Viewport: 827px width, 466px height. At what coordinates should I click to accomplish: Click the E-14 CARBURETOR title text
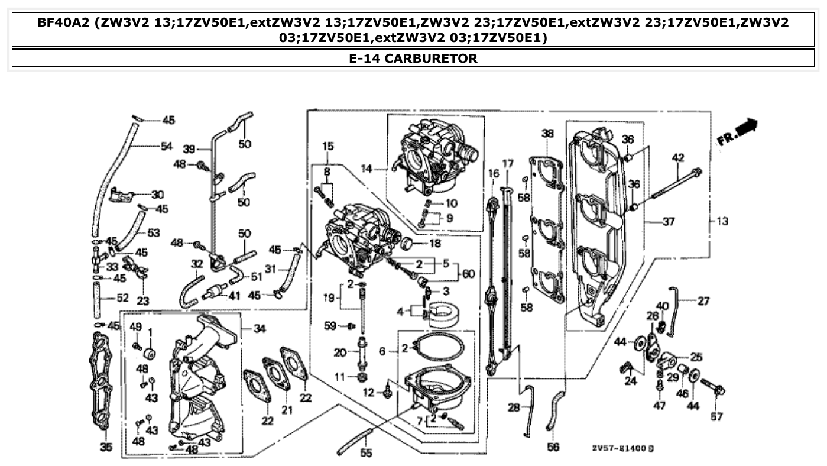pos(413,59)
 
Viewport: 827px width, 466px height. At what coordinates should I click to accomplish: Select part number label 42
pos(678,158)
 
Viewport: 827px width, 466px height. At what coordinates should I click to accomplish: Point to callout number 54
pos(167,147)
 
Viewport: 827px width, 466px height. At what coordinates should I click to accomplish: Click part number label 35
pos(105,448)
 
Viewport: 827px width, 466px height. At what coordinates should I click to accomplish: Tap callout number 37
pos(668,222)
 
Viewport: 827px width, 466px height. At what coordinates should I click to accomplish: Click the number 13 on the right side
pos(722,222)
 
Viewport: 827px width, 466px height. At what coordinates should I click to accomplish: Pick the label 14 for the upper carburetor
pos(367,169)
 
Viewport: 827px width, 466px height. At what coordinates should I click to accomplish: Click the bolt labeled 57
pos(714,389)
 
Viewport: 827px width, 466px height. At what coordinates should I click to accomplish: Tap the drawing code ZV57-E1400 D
pos(622,448)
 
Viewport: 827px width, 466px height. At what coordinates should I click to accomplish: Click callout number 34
pos(260,329)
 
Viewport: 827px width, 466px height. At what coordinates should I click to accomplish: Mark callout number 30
pos(157,195)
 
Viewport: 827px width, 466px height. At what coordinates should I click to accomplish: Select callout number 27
pos(703,301)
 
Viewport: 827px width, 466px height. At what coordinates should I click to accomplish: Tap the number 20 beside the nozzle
pos(339,352)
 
